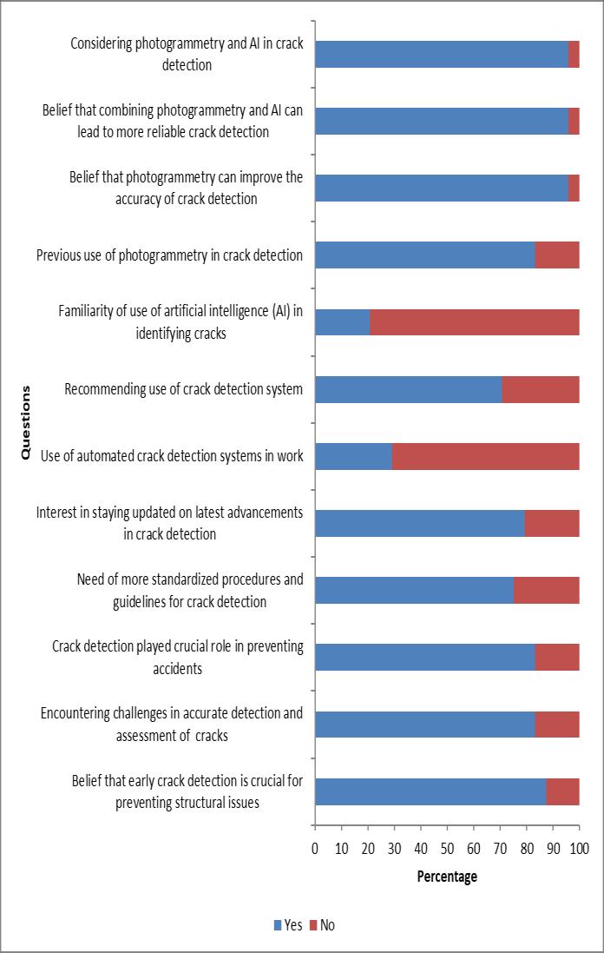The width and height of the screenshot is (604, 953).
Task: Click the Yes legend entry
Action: (x=288, y=925)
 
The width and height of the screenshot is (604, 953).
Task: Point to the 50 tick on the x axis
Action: (x=447, y=847)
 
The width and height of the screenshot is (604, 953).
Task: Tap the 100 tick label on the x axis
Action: (x=579, y=847)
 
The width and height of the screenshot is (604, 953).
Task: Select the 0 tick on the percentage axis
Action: (x=315, y=847)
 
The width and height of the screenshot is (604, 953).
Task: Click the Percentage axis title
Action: (x=447, y=877)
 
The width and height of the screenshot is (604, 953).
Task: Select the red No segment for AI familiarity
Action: (x=474, y=321)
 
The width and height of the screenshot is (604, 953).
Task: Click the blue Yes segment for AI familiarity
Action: (x=342, y=321)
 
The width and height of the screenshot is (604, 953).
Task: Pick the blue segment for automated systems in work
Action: (x=353, y=456)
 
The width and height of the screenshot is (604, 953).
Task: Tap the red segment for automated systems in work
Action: (x=485, y=456)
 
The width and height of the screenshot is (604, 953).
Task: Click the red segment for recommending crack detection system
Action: (x=540, y=389)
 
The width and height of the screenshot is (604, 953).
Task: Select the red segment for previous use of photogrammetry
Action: (x=557, y=255)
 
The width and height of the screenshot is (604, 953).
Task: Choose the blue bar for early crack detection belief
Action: (x=430, y=791)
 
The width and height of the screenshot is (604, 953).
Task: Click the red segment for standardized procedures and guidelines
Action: (x=546, y=590)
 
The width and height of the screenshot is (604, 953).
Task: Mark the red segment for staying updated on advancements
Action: (x=552, y=523)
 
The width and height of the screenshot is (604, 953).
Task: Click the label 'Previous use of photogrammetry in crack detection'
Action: (x=169, y=255)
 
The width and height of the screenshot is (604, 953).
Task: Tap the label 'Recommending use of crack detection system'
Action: (x=184, y=389)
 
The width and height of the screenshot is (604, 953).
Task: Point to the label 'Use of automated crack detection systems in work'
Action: (x=172, y=456)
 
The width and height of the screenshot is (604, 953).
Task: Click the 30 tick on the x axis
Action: (x=394, y=847)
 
